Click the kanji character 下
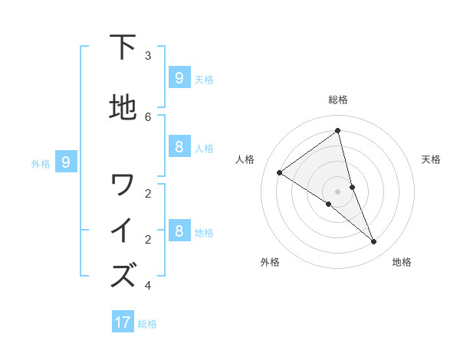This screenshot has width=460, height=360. [x=123, y=47]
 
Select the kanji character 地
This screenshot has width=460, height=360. [x=123, y=108]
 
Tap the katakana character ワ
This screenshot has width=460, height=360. [x=123, y=185]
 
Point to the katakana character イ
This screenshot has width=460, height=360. [x=123, y=231]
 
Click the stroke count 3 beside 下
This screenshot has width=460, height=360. [x=148, y=56]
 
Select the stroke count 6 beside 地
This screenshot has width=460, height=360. [x=148, y=116]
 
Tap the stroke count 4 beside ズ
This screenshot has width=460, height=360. [x=148, y=286]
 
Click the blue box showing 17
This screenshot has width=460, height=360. [x=123, y=322]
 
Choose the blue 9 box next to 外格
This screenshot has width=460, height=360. [x=66, y=162]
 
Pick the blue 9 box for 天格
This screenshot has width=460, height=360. [x=179, y=77]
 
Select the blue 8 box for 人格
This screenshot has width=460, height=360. [x=179, y=146]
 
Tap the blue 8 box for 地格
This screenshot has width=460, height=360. [x=179, y=231]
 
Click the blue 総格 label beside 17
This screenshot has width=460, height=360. [x=147, y=324]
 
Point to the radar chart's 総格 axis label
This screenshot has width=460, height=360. [x=338, y=100]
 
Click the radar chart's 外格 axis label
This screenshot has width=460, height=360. [x=270, y=262]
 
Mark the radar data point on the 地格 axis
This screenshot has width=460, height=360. [x=374, y=242]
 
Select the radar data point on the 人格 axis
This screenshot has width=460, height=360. [x=279, y=172]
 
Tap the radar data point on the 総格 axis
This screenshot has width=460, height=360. [x=338, y=131]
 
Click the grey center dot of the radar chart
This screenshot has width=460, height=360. [x=338, y=191]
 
